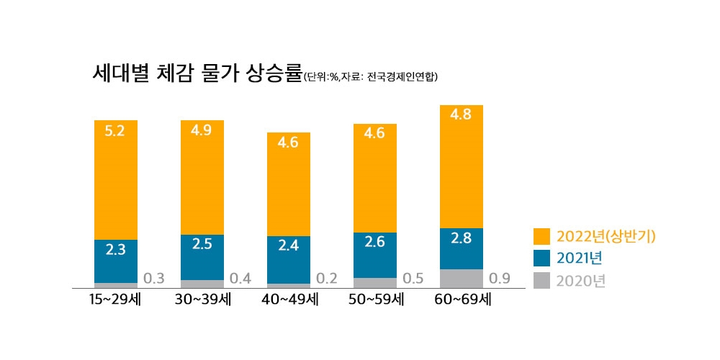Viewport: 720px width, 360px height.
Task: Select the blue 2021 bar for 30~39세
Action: tap(202, 258)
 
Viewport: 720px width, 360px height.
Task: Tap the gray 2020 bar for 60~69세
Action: tap(461, 279)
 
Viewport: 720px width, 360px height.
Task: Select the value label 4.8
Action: tap(461, 115)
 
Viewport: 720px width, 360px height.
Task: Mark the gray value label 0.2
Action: tap(326, 279)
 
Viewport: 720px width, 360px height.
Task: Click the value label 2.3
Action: tap(115, 250)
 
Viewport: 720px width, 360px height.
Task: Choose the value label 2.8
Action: tap(461, 238)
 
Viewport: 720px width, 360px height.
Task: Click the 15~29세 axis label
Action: tap(115, 299)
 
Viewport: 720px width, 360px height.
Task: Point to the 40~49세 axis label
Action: tap(288, 299)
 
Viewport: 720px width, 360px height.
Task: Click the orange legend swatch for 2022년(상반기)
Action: tap(541, 236)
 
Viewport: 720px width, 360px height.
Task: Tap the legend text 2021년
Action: tap(580, 258)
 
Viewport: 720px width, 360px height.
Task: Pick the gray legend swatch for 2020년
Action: tap(541, 280)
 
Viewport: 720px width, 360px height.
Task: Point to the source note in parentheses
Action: tap(371, 76)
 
